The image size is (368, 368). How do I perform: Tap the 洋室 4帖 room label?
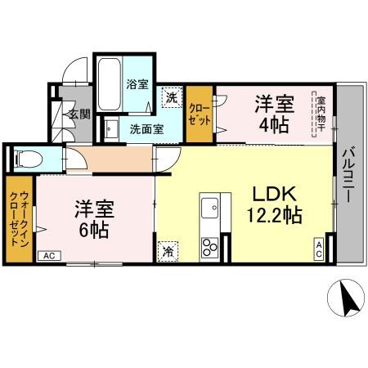click(274, 115)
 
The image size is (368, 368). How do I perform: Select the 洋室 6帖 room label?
click(92, 218)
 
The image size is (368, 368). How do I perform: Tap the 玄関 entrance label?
click(79, 114)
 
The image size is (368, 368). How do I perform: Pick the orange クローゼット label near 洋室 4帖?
click(199, 111)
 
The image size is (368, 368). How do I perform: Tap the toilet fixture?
click(25, 158)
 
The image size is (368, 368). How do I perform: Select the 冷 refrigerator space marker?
click(167, 250)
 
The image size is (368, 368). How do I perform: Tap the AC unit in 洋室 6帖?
click(48, 256)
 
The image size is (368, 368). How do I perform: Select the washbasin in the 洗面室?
click(109, 128)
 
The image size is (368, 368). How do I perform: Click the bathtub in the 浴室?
click(110, 83)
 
